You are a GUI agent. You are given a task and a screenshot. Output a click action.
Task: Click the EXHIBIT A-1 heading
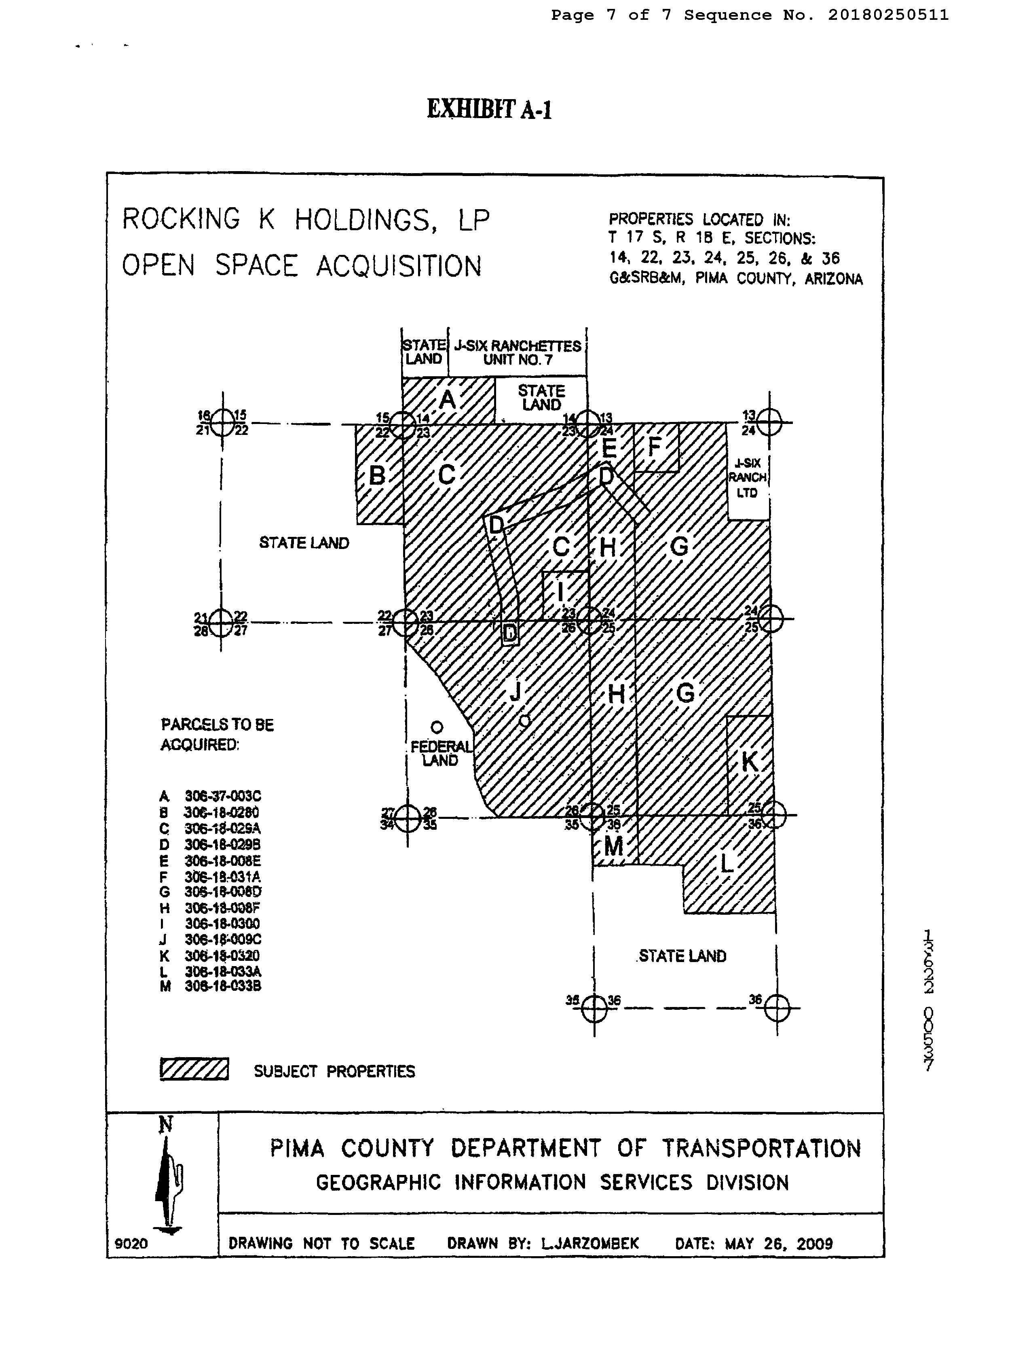click(x=489, y=109)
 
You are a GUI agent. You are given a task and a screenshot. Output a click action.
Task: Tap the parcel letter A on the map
click(x=448, y=400)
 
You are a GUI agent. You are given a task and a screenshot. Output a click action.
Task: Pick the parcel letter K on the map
click(x=749, y=761)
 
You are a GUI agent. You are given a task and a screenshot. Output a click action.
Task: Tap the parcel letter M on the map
click(x=614, y=847)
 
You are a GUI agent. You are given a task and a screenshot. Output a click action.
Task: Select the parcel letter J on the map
click(x=515, y=691)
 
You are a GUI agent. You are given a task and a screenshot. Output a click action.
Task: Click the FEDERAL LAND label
click(x=441, y=753)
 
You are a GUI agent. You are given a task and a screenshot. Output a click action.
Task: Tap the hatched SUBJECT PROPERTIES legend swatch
click(x=194, y=1069)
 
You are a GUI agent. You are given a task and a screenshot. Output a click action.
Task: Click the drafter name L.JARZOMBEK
click(x=590, y=1244)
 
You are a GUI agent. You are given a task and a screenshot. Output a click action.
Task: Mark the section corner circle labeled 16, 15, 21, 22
click(x=222, y=422)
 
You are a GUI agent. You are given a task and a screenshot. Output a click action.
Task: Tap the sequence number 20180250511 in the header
click(x=887, y=15)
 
